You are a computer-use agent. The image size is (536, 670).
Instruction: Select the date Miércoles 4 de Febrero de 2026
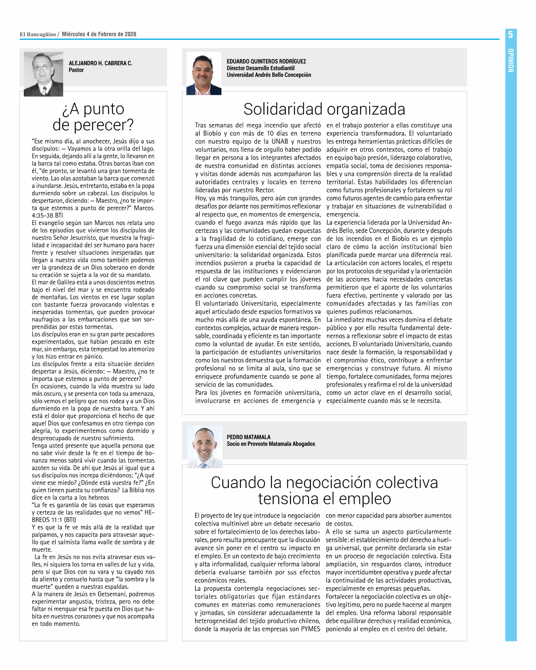99,34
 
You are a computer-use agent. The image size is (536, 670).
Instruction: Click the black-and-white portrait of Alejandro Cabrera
43,74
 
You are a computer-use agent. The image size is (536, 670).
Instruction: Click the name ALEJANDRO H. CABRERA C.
100,63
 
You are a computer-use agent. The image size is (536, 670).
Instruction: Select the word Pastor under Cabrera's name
76,70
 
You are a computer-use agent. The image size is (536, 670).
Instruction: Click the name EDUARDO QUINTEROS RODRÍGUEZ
266,61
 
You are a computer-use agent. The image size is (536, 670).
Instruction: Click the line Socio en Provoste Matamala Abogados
271,444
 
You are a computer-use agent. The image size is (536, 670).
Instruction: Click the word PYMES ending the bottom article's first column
310,629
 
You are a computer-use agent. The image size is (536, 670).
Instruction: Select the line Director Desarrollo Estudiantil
260,68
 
